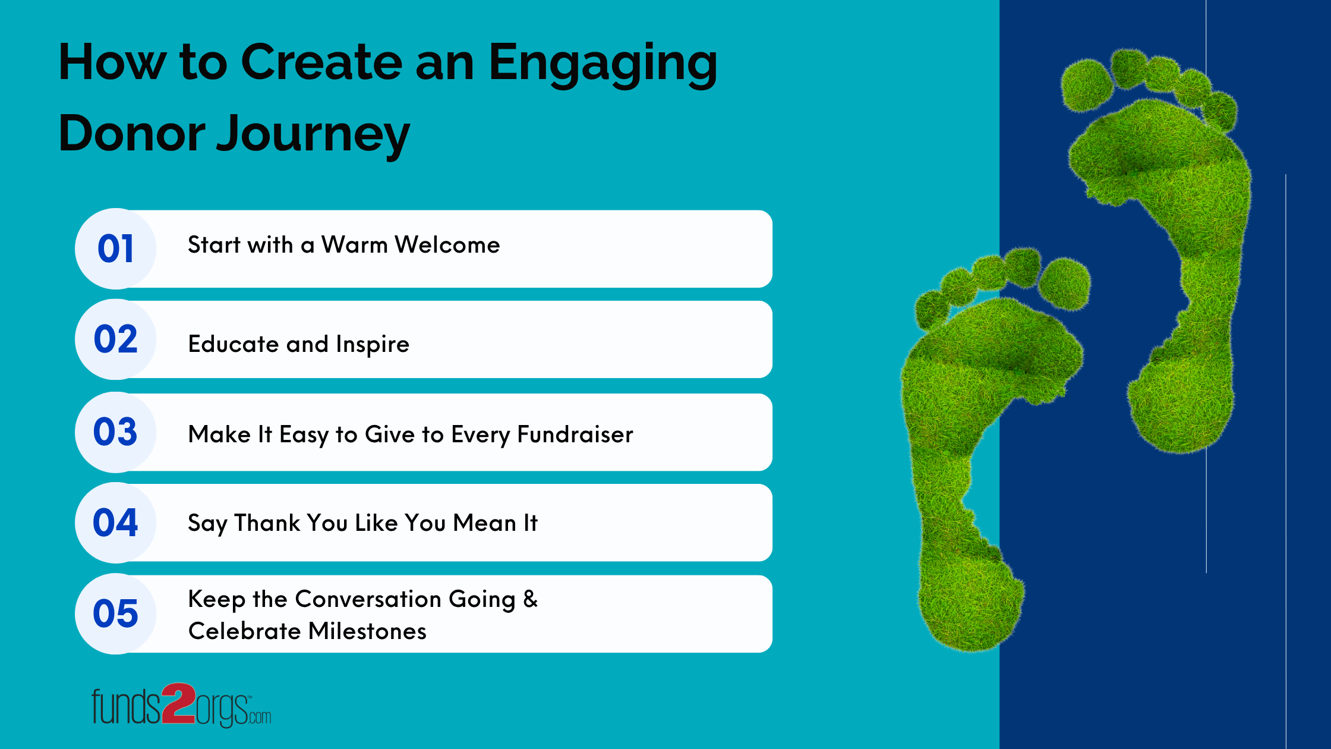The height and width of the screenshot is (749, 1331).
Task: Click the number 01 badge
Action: (116, 248)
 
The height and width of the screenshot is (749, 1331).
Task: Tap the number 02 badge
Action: (116, 339)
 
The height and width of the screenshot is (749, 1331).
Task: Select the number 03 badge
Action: (116, 432)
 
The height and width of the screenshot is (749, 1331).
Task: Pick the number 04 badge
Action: (116, 523)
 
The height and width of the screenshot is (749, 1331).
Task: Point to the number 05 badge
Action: (116, 613)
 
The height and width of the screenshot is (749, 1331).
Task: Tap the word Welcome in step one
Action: (447, 245)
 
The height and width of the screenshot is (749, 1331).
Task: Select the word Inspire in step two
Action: (372, 345)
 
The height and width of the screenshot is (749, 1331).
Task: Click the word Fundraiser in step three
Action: (575, 435)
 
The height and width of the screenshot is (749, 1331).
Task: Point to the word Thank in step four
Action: (267, 523)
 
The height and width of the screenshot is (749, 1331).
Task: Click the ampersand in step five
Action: (530, 599)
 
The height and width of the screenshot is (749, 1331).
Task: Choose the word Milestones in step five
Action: (367, 631)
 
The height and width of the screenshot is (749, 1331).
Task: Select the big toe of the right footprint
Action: (1087, 85)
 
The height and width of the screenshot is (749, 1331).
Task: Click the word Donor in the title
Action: (132, 134)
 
